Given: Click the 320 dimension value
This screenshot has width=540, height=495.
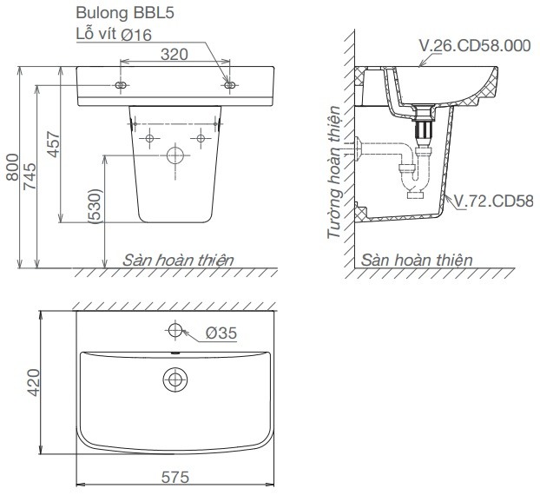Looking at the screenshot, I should coord(175,54).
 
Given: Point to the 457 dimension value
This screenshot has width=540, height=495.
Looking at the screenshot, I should coord(52,143).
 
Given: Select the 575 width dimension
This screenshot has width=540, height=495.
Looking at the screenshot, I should coord(174,477).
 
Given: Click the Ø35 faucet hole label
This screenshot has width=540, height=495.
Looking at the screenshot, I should coord(222,333).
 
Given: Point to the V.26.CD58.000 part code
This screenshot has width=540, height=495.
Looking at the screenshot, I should coord(474,46).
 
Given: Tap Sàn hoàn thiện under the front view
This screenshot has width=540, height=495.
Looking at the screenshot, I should coord(178,259).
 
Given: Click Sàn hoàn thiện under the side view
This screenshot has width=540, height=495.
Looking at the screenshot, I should coord(417,259).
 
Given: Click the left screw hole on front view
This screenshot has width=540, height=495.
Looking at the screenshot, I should coord(120,85).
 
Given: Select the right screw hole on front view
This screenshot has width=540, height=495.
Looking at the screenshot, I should coord(229,85).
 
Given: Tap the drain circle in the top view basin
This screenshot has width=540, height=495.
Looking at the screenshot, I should coord(175,379).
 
